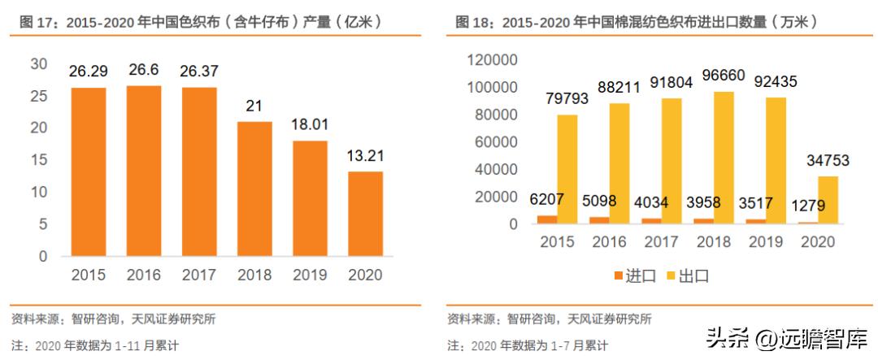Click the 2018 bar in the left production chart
point(254,189)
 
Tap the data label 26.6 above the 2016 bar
point(143,71)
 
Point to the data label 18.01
point(310,125)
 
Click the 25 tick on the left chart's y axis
point(37,96)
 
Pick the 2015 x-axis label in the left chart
point(88,275)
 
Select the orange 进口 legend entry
point(634,275)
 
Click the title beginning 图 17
point(202,22)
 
